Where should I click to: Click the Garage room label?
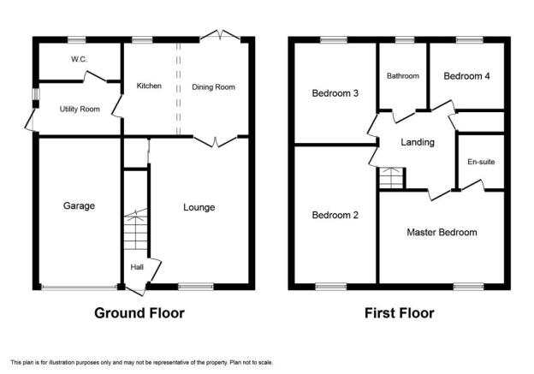(79, 205)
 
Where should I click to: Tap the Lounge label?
(199, 207)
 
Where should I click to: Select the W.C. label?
(79, 59)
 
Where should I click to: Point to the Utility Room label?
(80, 109)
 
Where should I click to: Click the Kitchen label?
(149, 86)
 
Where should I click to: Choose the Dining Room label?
(214, 87)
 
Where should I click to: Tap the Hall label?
(137, 267)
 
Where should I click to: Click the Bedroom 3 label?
(335, 93)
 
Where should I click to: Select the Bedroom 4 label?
(466, 76)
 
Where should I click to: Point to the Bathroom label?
(403, 76)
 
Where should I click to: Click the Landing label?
(418, 142)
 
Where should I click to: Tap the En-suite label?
(481, 162)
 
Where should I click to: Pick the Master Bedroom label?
(442, 232)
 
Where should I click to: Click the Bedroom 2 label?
(335, 215)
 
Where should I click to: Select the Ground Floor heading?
(139, 313)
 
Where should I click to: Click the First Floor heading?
(399, 313)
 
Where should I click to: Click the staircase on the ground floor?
(136, 229)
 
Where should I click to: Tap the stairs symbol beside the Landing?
(392, 178)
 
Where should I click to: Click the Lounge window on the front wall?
(196, 287)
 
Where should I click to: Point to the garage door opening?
(79, 288)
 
